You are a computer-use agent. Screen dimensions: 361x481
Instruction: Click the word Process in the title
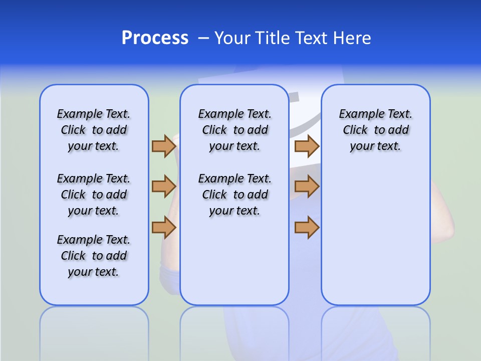click(155, 38)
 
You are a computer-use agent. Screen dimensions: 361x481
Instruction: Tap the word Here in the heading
click(352, 38)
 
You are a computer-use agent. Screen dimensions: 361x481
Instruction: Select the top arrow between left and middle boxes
click(164, 146)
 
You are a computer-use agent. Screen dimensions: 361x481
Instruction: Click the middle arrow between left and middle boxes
click(164, 187)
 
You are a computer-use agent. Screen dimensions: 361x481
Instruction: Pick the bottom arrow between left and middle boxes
click(164, 227)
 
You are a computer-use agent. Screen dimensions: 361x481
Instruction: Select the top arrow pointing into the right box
click(307, 146)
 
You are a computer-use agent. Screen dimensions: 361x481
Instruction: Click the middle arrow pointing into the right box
click(307, 187)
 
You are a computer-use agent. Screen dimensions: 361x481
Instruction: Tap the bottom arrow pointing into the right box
click(307, 227)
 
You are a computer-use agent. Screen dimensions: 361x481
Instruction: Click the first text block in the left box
click(94, 130)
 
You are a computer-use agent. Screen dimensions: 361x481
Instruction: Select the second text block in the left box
click(94, 195)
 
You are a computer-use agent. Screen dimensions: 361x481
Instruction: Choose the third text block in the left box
click(94, 256)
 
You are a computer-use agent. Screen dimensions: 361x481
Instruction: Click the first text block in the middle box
click(234, 130)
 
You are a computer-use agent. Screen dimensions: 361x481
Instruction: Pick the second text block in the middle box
click(234, 195)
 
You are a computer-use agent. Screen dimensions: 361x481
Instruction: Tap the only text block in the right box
click(375, 130)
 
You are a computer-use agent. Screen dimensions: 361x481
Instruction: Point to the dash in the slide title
click(203, 38)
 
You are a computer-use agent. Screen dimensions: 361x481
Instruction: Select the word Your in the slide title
click(232, 38)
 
